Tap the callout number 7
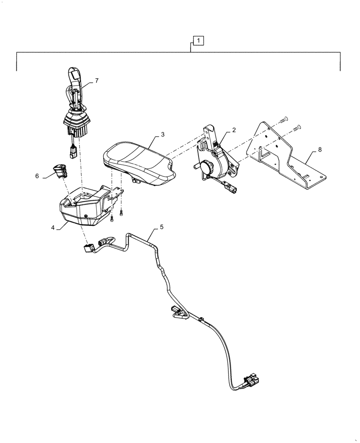click(97, 81)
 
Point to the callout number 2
click(234, 130)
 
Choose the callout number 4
click(53, 228)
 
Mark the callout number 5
click(161, 227)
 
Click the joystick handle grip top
click(74, 74)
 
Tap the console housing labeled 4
click(84, 208)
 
